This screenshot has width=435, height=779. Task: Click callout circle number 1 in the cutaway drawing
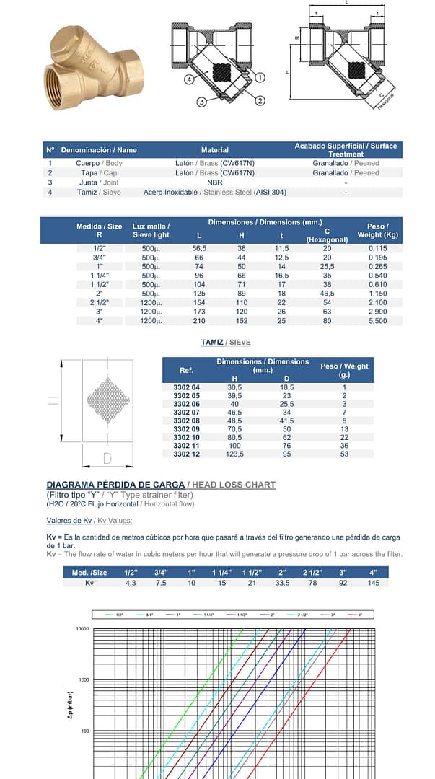coord(260,76)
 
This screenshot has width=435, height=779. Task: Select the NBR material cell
coord(214,182)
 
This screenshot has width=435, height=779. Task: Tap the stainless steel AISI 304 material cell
coord(214,193)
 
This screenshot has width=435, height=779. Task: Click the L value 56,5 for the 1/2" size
coord(199,248)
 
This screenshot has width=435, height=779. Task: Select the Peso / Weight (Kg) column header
coord(377,230)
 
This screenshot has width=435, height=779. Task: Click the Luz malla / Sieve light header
coord(151,231)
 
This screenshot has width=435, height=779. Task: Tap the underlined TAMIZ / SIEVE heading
coord(226,342)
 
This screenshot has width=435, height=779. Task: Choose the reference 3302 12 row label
coord(186,454)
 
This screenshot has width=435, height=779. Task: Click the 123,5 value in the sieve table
coord(234,454)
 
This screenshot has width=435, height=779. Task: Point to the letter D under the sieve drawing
coord(107,458)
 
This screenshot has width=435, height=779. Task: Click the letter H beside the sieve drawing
coord(53,400)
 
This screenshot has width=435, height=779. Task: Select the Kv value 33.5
coord(281,583)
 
